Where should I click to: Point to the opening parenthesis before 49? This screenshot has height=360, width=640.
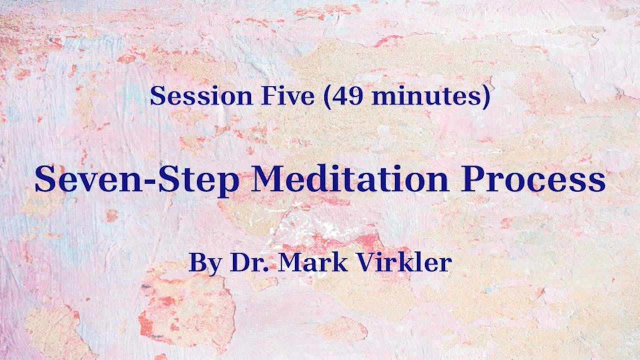[327, 96]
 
